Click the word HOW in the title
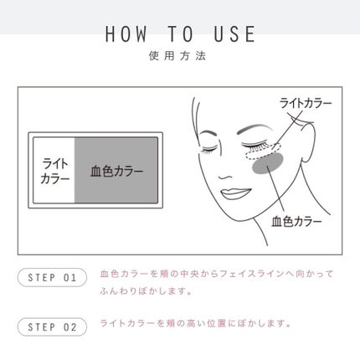pos(126,33)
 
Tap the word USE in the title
pos(234,33)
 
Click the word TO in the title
pos(181,33)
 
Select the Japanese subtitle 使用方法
pos(177,56)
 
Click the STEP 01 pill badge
pos(52,277)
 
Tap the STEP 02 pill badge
pos(52,327)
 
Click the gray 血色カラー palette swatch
pos(116,170)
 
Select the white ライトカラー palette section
pos(54,170)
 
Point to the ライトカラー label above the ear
pos(306,104)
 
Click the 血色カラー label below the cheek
pos(296,222)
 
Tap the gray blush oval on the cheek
pos(267,165)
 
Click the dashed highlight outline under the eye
pos(262,152)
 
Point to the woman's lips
pos(235,193)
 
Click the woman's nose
pos(224,176)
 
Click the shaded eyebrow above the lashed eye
pos(255,129)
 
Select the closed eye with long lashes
pos(256,146)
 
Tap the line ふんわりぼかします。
pos(146,291)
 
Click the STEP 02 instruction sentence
pos(196,324)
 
